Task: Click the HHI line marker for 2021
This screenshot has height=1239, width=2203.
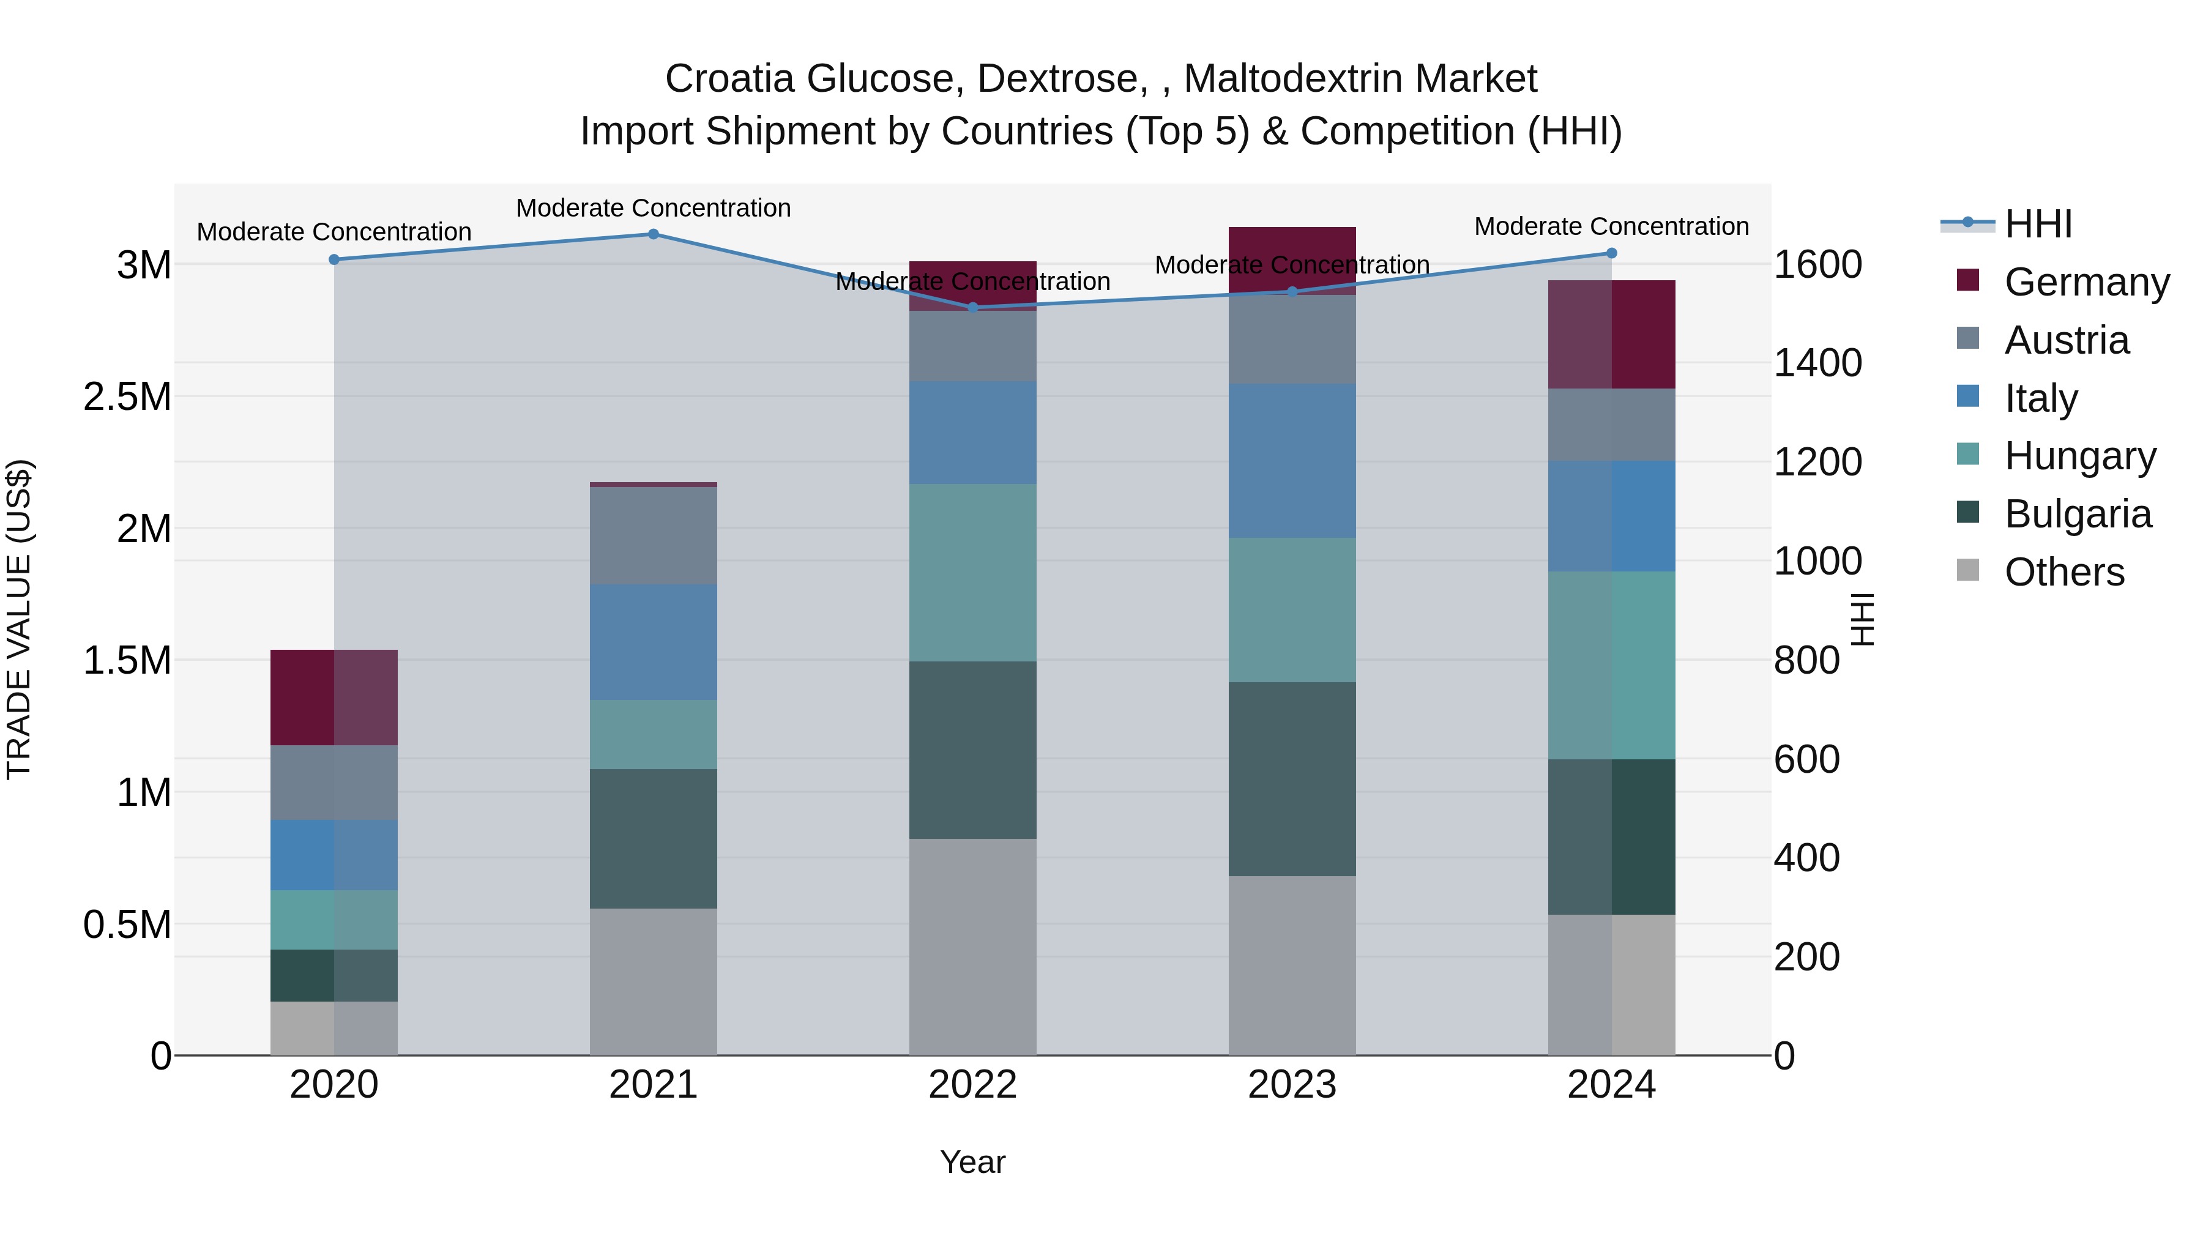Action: click(654, 234)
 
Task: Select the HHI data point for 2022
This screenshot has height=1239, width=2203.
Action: click(972, 308)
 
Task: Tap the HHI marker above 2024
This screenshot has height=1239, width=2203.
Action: click(1611, 253)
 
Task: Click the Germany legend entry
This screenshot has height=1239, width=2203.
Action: click(2086, 282)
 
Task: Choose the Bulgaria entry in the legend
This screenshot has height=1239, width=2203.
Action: click(2078, 514)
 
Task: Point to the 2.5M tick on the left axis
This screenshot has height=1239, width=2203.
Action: click(127, 396)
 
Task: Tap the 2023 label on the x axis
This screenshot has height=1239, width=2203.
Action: click(1291, 1084)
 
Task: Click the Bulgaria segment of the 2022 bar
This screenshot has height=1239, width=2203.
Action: click(972, 750)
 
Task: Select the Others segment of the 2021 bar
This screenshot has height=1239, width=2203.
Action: click(654, 981)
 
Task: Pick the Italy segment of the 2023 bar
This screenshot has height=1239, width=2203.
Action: click(1291, 460)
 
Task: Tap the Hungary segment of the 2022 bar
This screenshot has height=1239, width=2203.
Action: click(972, 572)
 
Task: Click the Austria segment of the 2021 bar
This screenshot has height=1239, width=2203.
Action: click(654, 535)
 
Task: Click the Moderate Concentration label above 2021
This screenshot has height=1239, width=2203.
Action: click(654, 208)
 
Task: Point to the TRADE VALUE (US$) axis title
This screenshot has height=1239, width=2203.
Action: click(19, 619)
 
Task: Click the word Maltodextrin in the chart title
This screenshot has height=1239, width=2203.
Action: click(1360, 79)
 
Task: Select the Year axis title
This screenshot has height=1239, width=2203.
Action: click(972, 1162)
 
